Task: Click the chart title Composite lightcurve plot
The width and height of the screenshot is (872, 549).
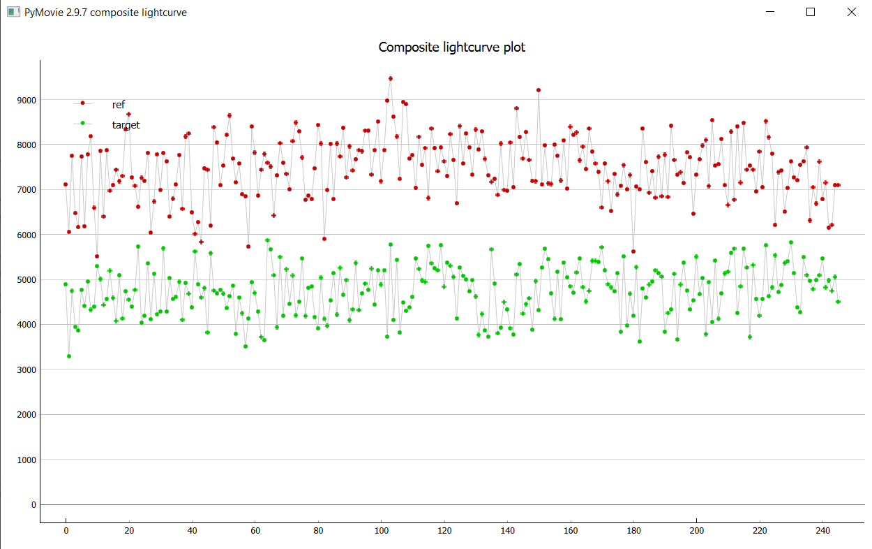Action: pos(451,47)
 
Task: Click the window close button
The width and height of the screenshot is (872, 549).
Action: pos(851,12)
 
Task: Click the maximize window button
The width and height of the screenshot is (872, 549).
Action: pos(811,12)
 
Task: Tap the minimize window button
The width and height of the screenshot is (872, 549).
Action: pos(770,12)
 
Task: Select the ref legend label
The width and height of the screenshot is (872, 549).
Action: pos(119,105)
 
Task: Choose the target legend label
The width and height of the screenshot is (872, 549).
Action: pos(126,125)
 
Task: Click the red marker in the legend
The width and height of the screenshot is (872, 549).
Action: pos(82,103)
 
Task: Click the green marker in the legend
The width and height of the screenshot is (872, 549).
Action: pos(82,123)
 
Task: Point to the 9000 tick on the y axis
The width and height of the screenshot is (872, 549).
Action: pos(25,100)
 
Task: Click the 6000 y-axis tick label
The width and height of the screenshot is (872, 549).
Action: pos(25,235)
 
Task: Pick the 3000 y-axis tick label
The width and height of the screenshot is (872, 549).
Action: pos(25,369)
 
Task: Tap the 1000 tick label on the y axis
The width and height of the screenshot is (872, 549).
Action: pos(25,460)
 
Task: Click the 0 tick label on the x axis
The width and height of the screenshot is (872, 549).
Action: pos(66,530)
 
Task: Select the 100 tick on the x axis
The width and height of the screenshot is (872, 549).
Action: pos(381,530)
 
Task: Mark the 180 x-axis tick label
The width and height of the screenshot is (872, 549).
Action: pos(633,530)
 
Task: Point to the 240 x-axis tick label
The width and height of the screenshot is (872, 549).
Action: pos(822,530)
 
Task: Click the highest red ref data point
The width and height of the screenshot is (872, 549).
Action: pos(391,79)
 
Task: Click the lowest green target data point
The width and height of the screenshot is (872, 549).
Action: pos(69,356)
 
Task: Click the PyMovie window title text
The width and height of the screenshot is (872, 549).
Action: pos(105,13)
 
